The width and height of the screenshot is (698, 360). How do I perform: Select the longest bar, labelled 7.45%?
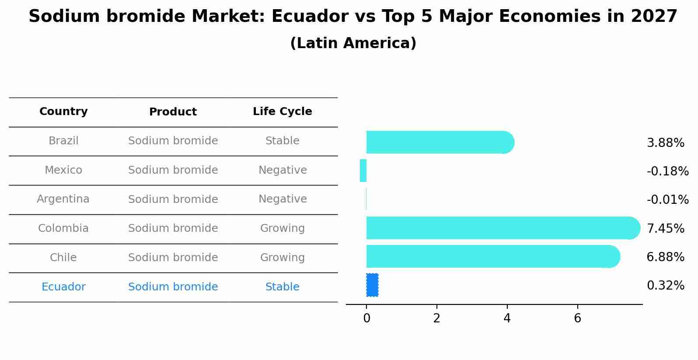503,228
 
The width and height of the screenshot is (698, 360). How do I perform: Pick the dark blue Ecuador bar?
372,285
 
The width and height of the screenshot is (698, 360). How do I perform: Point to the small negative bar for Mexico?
363,171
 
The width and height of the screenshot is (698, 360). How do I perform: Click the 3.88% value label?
665,143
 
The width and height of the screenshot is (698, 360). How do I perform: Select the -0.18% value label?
667,171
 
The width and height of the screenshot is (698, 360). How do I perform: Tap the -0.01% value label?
667,200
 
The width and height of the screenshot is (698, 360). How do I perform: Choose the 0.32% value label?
665,286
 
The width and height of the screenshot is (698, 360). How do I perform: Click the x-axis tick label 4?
507,318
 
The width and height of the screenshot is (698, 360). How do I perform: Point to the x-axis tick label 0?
366,318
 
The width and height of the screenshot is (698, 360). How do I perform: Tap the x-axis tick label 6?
577,318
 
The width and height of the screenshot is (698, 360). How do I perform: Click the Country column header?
63,112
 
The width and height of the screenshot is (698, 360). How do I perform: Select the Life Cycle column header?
282,112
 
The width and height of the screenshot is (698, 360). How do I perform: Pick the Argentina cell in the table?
63,199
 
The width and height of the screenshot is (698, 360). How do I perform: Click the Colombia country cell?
63,228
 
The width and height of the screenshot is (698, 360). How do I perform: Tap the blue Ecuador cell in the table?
63,287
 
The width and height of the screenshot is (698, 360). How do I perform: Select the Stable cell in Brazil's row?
282,141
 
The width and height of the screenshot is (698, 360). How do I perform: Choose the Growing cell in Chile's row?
282,258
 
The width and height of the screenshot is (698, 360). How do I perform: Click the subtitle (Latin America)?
353,43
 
